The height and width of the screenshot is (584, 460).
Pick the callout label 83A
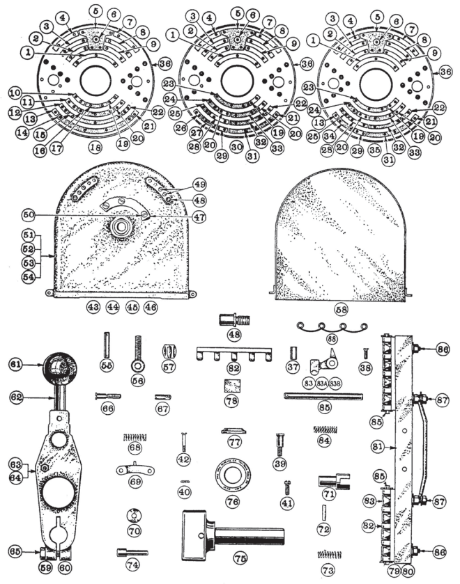(322, 381)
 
